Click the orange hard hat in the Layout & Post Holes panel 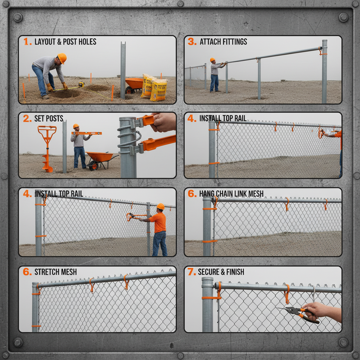(62, 58)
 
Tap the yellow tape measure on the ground (81, 84)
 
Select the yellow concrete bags (154, 88)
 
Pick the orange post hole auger (47, 148)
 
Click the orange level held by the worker (87, 133)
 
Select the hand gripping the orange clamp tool (164, 122)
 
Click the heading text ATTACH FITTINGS (223, 42)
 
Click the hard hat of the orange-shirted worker (160, 206)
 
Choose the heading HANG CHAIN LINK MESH (231, 194)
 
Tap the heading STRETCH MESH (55, 272)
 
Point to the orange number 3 (192, 42)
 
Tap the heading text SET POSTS (49, 118)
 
